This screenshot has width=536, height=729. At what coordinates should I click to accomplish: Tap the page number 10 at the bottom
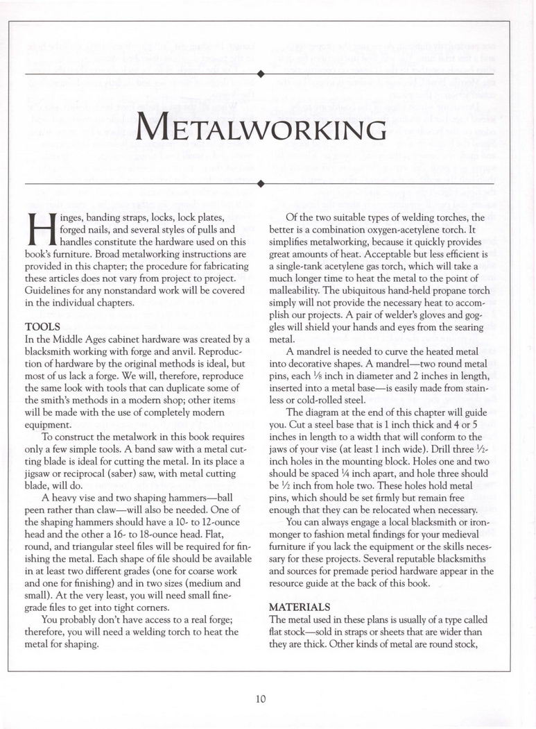(260, 699)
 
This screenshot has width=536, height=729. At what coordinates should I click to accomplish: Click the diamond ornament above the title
(259, 73)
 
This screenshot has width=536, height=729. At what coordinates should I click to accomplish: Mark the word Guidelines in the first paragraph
(50, 290)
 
